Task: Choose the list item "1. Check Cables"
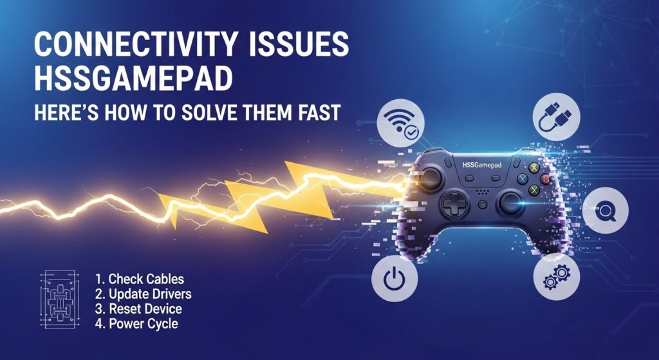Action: tap(139, 279)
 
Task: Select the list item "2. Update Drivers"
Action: tap(143, 294)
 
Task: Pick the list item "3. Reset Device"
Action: tap(138, 309)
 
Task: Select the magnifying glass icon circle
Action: tap(605, 211)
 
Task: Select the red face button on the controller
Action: tap(545, 179)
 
